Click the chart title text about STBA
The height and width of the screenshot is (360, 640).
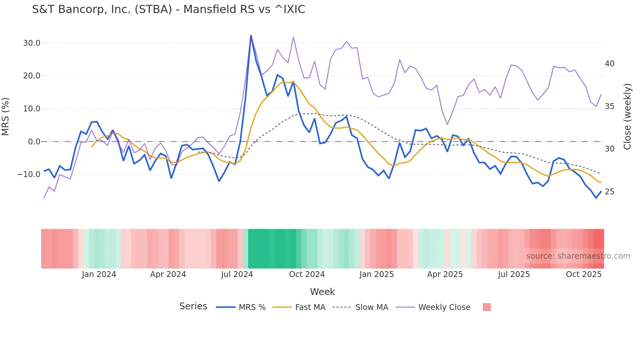coord(168,9)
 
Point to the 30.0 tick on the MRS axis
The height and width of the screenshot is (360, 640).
coord(32,43)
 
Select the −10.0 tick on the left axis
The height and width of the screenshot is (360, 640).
coord(29,174)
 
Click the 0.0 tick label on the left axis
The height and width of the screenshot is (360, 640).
coord(34,142)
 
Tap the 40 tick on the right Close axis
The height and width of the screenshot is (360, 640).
coord(609,64)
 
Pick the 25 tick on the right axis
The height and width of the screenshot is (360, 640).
coord(609,192)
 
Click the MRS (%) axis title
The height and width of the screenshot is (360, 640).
coord(6,117)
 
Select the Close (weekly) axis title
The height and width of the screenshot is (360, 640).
coord(627,117)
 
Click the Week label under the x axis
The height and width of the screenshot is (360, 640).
coord(322,292)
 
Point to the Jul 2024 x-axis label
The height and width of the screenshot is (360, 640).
coord(237,274)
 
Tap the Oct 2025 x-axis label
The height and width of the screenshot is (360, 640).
coord(584,274)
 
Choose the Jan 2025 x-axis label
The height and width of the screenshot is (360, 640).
coord(376,274)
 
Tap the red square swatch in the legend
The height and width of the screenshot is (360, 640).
coord(487,307)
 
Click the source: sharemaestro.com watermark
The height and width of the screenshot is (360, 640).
coord(578,256)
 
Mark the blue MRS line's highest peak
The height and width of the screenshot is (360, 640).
coord(251,35)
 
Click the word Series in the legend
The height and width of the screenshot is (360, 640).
coord(193,306)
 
